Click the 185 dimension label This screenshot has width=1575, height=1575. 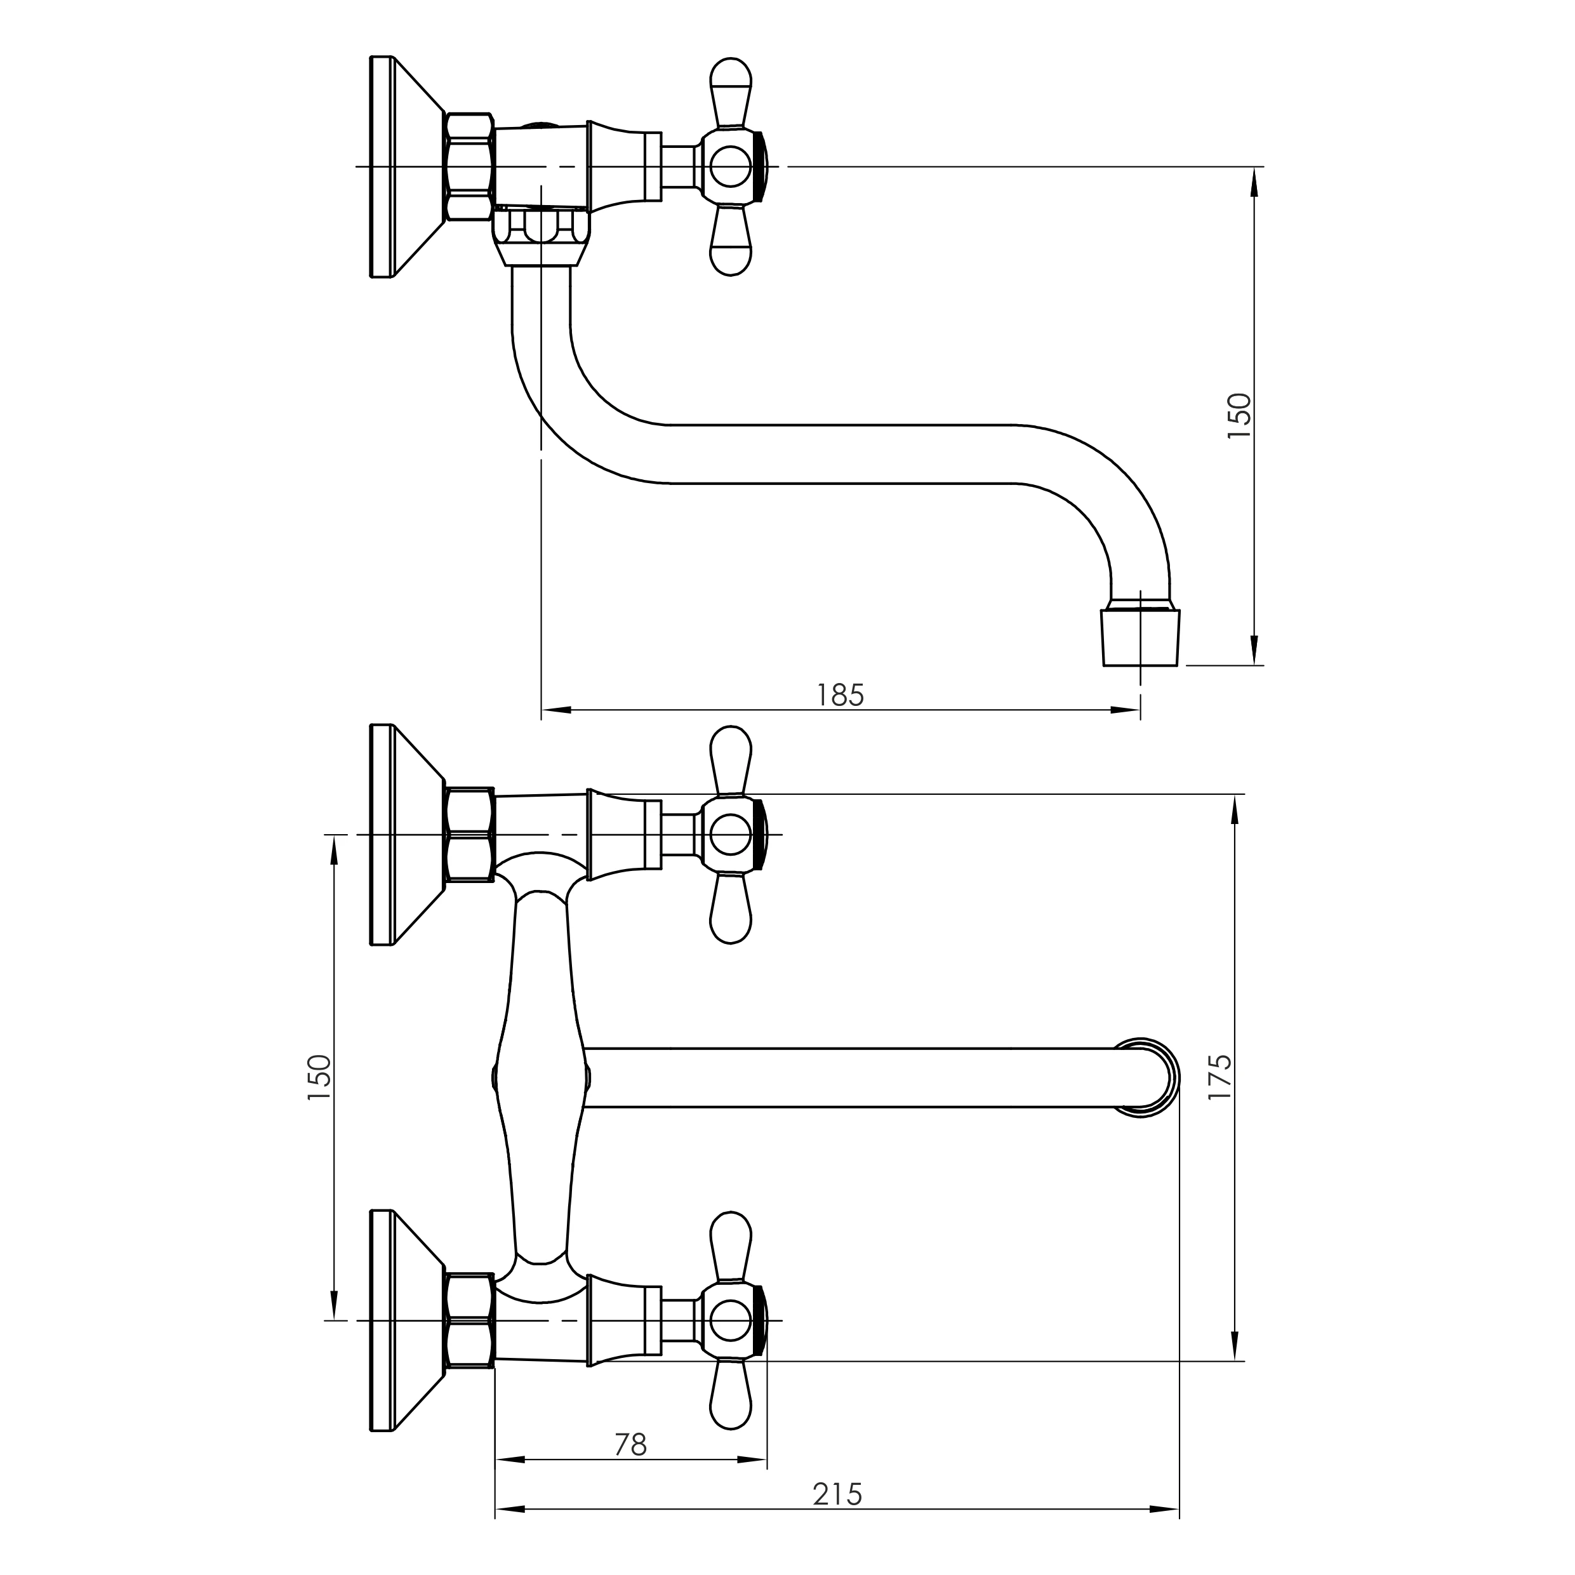(x=840, y=695)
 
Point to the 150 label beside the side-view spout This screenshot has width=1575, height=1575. (x=1239, y=416)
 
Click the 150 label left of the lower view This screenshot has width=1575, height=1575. (x=319, y=1078)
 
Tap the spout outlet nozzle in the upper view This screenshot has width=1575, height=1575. (x=1141, y=636)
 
